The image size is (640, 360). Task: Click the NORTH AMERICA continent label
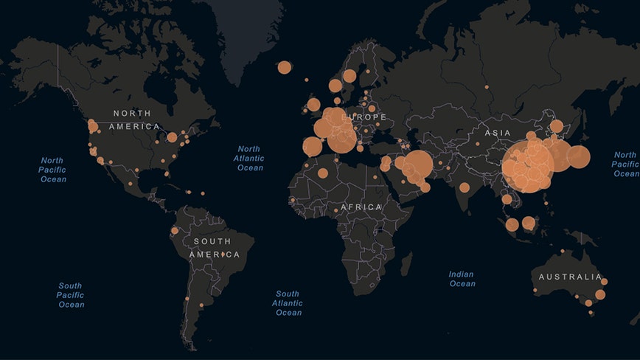pyautogui.click(x=135, y=120)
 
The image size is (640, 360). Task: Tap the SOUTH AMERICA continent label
pyautogui.click(x=214, y=248)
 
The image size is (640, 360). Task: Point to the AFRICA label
pyautogui.click(x=361, y=207)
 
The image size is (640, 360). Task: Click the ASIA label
pyautogui.click(x=498, y=132)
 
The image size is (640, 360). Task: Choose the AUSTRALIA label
pyautogui.click(x=570, y=277)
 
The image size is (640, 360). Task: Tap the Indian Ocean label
pyautogui.click(x=462, y=279)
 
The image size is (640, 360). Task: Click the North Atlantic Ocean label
pyautogui.click(x=249, y=159)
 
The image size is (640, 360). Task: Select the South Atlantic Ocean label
pyautogui.click(x=288, y=303)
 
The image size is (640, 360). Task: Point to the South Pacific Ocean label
pyautogui.click(x=71, y=295)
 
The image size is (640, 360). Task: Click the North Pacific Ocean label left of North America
pyautogui.click(x=52, y=170)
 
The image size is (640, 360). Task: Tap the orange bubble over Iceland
pyautogui.click(x=285, y=67)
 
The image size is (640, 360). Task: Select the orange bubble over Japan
pyautogui.click(x=578, y=156)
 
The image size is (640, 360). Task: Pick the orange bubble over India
pyautogui.click(x=465, y=187)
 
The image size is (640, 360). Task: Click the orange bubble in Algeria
pyautogui.click(x=323, y=173)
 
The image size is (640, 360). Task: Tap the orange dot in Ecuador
pyautogui.click(x=175, y=231)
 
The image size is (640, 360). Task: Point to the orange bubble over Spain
pyautogui.click(x=312, y=147)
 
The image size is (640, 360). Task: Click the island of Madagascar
pyautogui.click(x=406, y=263)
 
